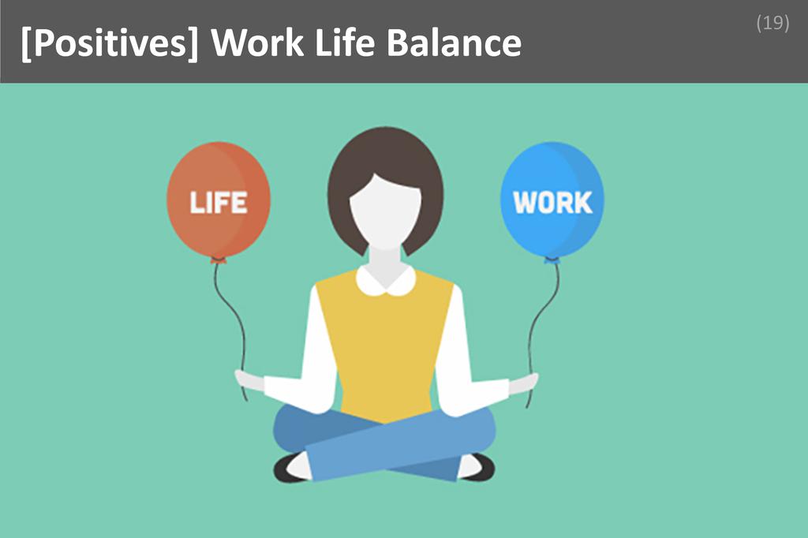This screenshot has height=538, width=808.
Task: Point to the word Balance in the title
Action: pyautogui.click(x=454, y=43)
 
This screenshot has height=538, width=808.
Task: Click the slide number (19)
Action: pyautogui.click(x=772, y=23)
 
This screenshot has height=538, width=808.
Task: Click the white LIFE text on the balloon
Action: pyautogui.click(x=218, y=203)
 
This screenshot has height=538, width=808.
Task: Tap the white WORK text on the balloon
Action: pyautogui.click(x=552, y=203)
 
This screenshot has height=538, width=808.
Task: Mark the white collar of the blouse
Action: pyautogui.click(x=385, y=281)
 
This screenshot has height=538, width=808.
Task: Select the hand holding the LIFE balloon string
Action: pyautogui.click(x=249, y=380)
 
